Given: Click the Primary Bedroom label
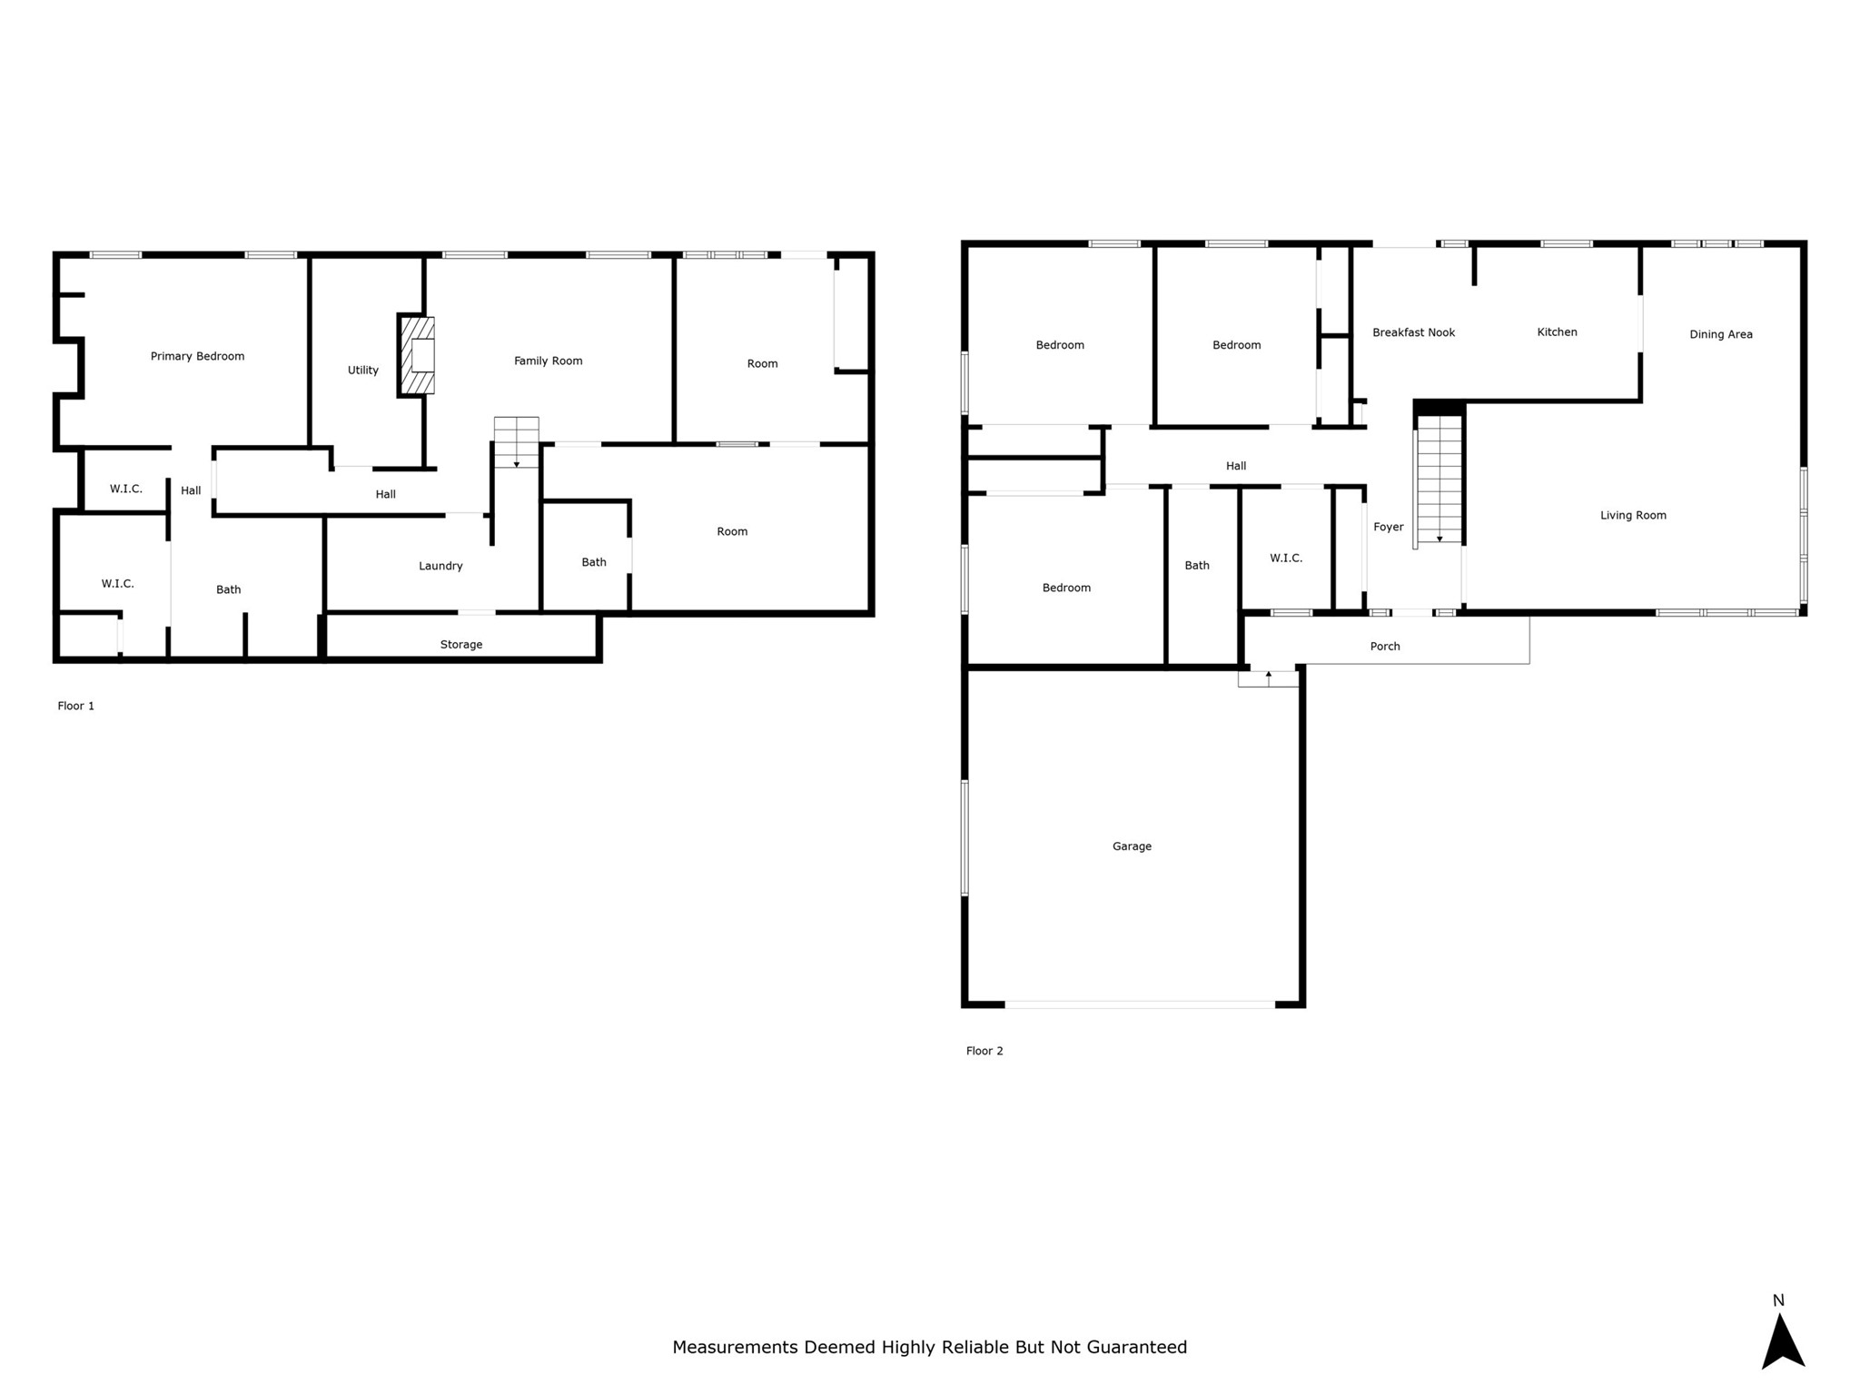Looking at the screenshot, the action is pyautogui.click(x=197, y=356).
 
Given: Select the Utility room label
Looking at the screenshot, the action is pyautogui.click(x=363, y=370).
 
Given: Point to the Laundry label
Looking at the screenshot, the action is pyautogui.click(x=440, y=566).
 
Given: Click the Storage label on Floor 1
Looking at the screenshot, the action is pyautogui.click(x=461, y=644).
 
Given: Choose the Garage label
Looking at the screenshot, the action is pyautogui.click(x=1132, y=846).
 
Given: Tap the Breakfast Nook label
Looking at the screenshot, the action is pyautogui.click(x=1413, y=332).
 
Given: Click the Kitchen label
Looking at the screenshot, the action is pyautogui.click(x=1557, y=331).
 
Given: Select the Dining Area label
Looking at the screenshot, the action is pyautogui.click(x=1721, y=334).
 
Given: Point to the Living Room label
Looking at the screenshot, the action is pyautogui.click(x=1633, y=515).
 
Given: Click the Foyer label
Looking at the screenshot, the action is pyautogui.click(x=1388, y=527).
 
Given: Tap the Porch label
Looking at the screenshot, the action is pyautogui.click(x=1385, y=646).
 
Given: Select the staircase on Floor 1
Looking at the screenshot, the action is pyautogui.click(x=516, y=442).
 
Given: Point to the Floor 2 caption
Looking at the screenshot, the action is pyautogui.click(x=984, y=1051).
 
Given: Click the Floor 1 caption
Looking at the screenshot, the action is pyautogui.click(x=75, y=706).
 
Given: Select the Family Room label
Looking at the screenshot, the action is pyautogui.click(x=548, y=361).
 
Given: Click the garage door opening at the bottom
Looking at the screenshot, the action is pyautogui.click(x=1140, y=1004).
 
